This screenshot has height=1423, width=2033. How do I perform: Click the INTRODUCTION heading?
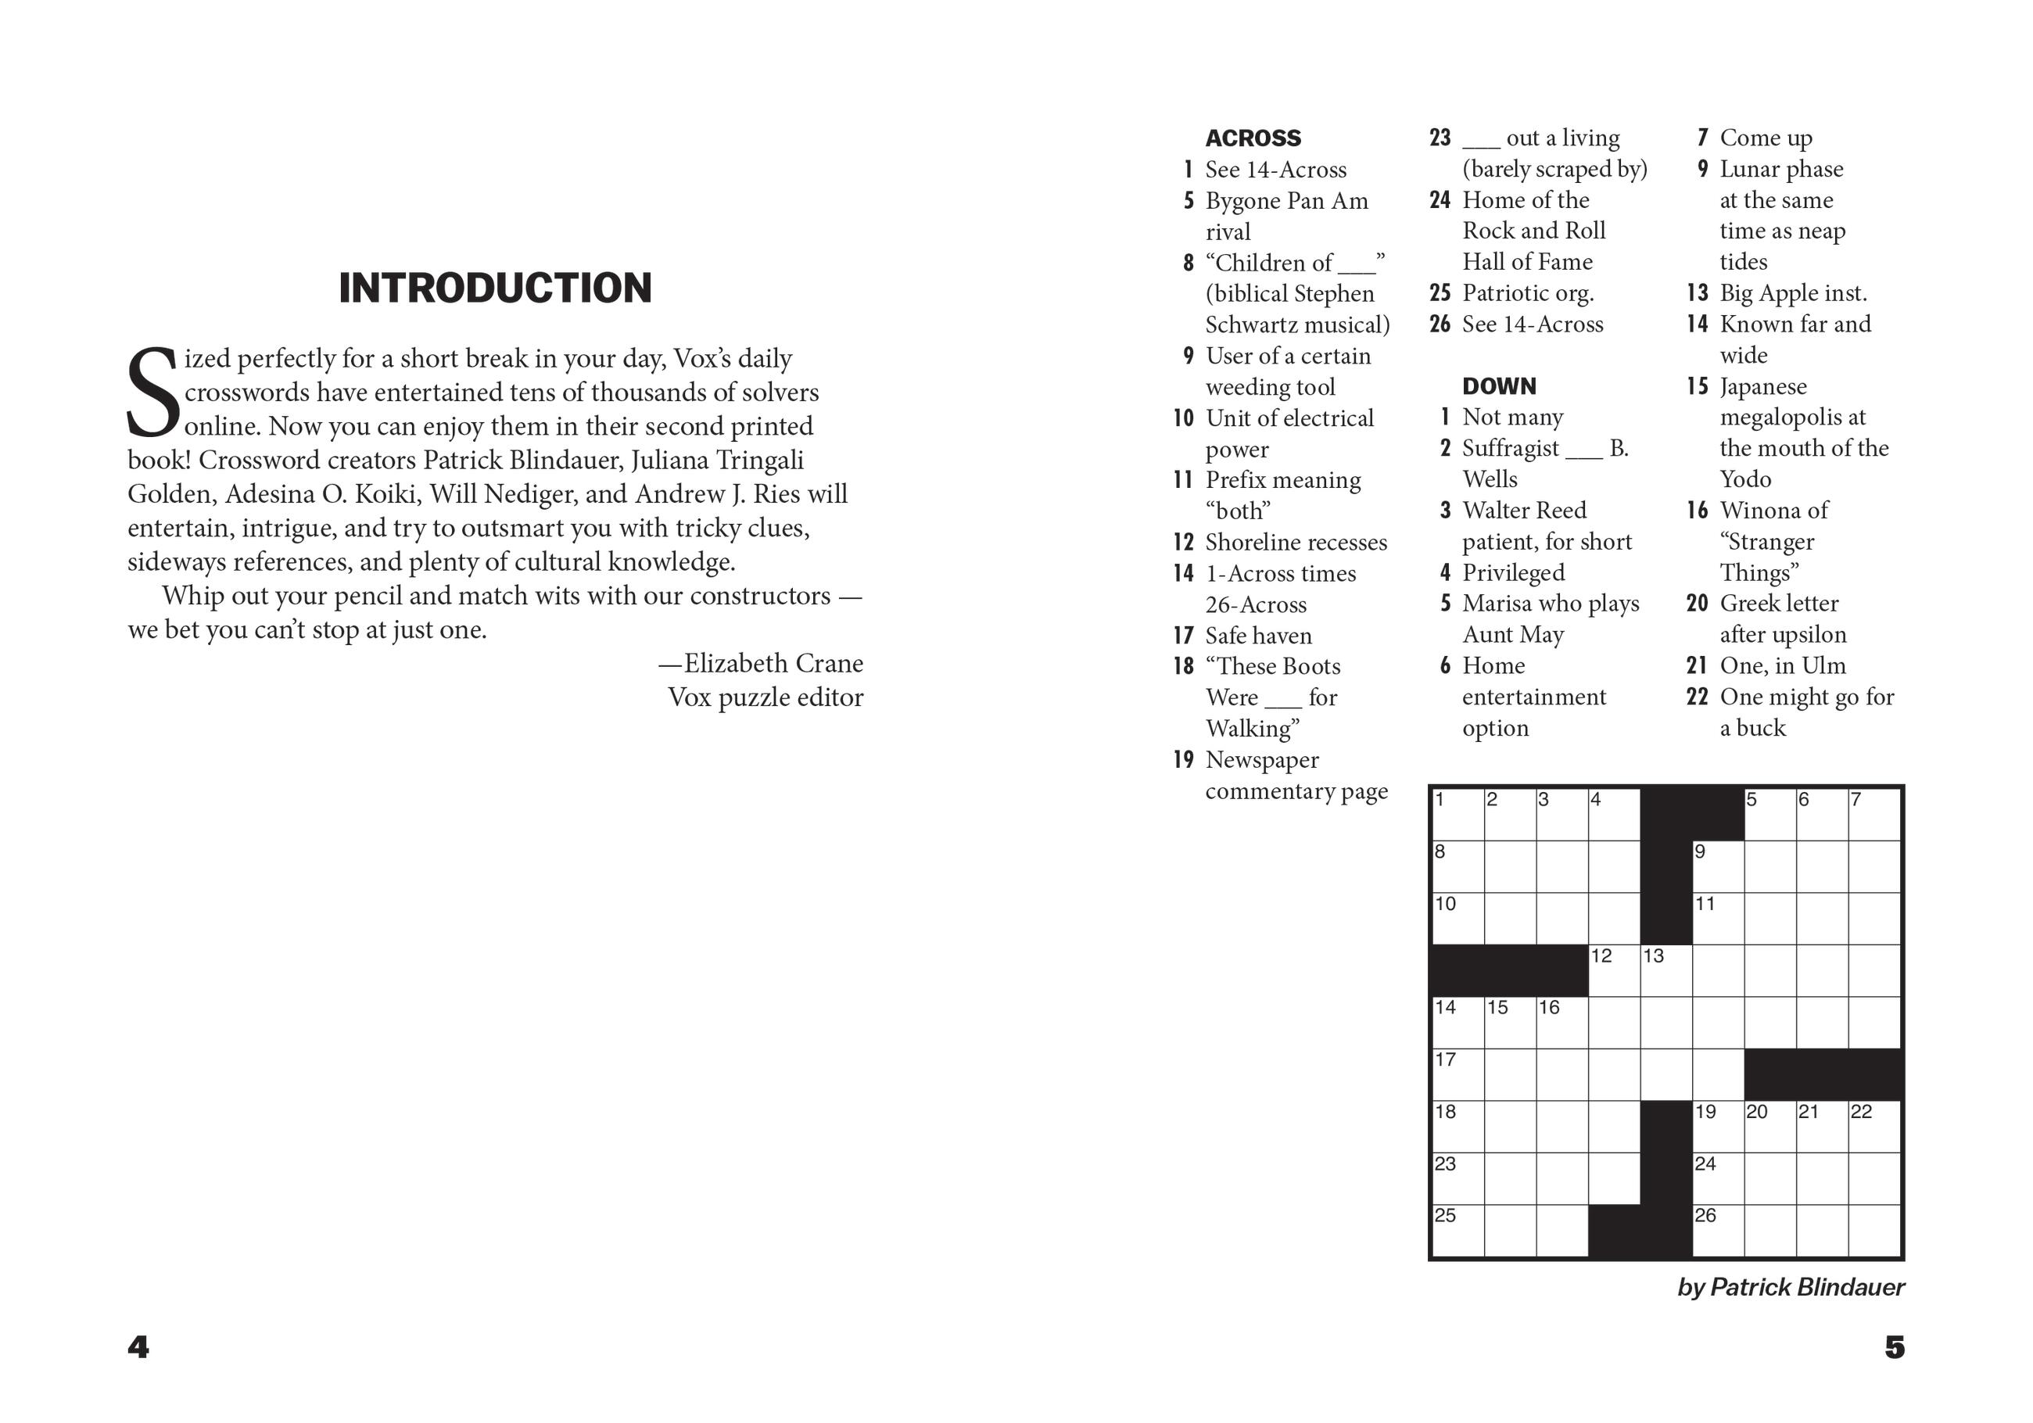click(495, 289)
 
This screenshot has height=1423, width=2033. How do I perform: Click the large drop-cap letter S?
click(153, 392)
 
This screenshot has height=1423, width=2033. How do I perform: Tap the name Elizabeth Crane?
click(773, 663)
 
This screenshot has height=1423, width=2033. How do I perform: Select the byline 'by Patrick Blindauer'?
click(1790, 1287)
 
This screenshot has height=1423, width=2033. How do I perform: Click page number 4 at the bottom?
click(138, 1347)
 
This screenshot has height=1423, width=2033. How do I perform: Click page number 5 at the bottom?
click(1894, 1347)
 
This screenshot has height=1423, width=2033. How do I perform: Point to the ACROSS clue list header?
click(1253, 138)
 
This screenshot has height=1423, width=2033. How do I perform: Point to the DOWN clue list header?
click(1499, 386)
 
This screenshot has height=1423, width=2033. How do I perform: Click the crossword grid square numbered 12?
click(1613, 970)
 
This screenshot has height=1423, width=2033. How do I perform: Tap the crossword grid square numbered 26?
click(1718, 1230)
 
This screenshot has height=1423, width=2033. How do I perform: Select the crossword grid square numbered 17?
click(1458, 1074)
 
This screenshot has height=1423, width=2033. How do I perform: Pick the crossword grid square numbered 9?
click(1718, 866)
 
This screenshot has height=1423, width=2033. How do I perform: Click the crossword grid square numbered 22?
click(1873, 1127)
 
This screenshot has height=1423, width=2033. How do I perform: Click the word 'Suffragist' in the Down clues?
click(1511, 448)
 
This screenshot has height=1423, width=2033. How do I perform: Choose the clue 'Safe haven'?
click(1258, 636)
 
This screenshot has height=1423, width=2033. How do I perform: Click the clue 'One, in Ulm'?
click(1783, 665)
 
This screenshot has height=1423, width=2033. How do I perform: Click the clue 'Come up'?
click(1766, 138)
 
